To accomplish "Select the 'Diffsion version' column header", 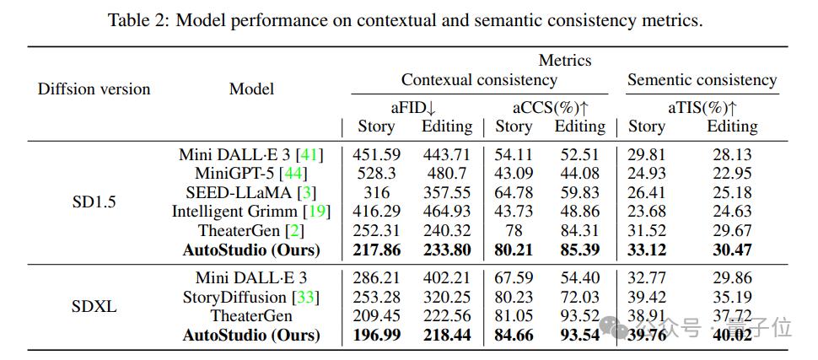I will click(94, 89).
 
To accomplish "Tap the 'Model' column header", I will click(251, 89).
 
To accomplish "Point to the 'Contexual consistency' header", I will click(479, 80).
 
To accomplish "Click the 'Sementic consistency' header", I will click(702, 80).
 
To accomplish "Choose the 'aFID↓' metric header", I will click(412, 107).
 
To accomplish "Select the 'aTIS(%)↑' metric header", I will click(696, 107).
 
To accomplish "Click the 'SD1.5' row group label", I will click(94, 202).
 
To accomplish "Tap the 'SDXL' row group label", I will click(94, 306).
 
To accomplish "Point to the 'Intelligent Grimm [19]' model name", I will click(250, 212).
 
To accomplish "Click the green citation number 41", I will click(309, 154).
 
